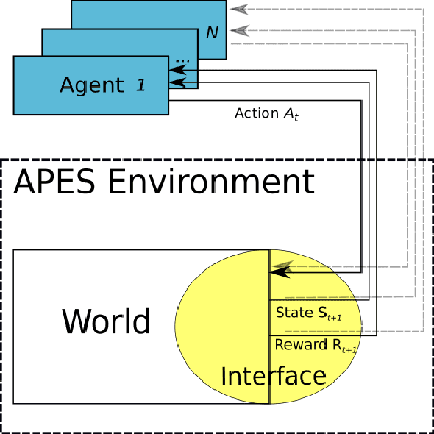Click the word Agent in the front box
(x=92, y=85)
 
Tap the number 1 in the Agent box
(x=140, y=85)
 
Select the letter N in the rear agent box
(x=212, y=32)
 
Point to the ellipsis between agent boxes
(x=182, y=59)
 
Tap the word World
(x=106, y=322)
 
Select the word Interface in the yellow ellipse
(x=274, y=377)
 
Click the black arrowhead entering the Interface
(x=280, y=271)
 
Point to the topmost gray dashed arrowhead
(x=236, y=10)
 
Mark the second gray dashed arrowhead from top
(x=236, y=30)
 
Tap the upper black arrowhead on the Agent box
(x=177, y=71)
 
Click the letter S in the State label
(x=321, y=313)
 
